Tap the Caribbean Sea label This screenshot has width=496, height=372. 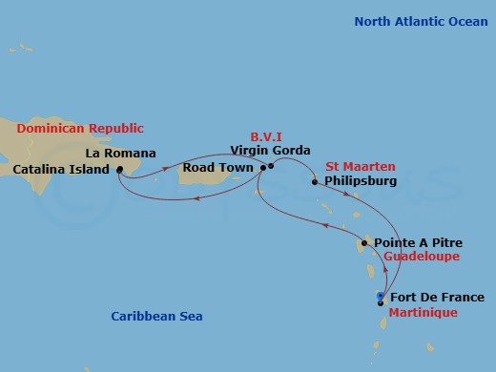[x=156, y=316]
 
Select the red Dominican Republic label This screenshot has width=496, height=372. [x=80, y=128]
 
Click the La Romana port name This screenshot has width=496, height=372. [x=120, y=153]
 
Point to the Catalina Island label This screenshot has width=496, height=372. [x=59, y=171]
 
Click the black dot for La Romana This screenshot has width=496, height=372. [x=119, y=171]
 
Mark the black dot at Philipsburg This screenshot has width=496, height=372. [x=314, y=180]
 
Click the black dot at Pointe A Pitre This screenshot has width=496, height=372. [x=364, y=243]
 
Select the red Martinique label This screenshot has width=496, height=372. [x=423, y=313]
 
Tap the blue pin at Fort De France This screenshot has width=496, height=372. [x=381, y=297]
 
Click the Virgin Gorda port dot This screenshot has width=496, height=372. [x=271, y=166]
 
